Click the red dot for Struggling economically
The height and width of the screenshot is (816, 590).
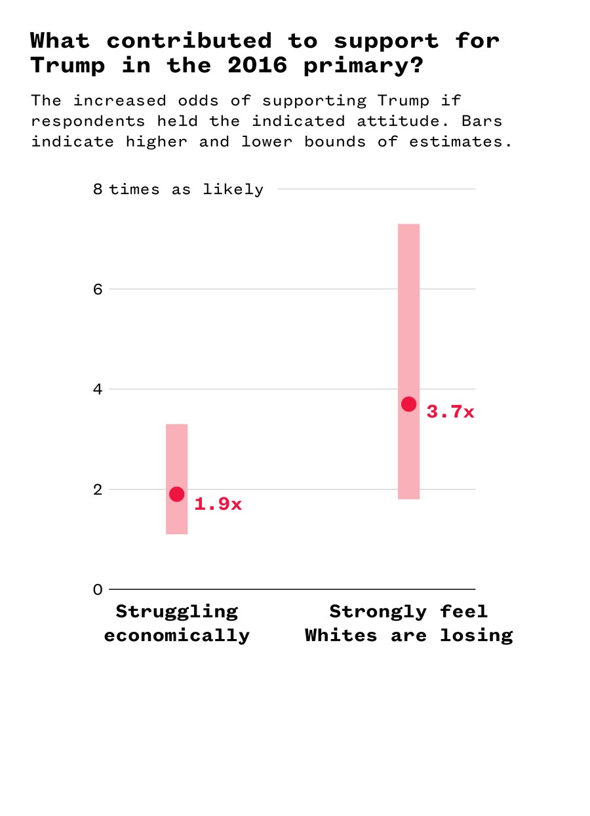pyautogui.click(x=176, y=494)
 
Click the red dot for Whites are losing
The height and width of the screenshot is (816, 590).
pyautogui.click(x=408, y=404)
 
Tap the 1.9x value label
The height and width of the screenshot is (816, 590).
pyautogui.click(x=218, y=504)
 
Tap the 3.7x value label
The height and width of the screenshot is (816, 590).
pyautogui.click(x=450, y=412)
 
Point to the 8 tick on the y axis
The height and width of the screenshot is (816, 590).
pyautogui.click(x=98, y=189)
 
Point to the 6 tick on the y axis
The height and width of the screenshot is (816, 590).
pyautogui.click(x=98, y=289)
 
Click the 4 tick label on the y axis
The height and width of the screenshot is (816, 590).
pyautogui.click(x=98, y=389)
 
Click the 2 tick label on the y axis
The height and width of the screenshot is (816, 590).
pyautogui.click(x=98, y=490)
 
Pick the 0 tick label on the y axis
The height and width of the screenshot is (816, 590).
pyautogui.click(x=98, y=589)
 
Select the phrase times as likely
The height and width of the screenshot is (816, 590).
pyautogui.click(x=186, y=189)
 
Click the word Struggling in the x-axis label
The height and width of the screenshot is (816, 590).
pyautogui.click(x=176, y=612)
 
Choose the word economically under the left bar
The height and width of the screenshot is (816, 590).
pyautogui.click(x=176, y=635)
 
